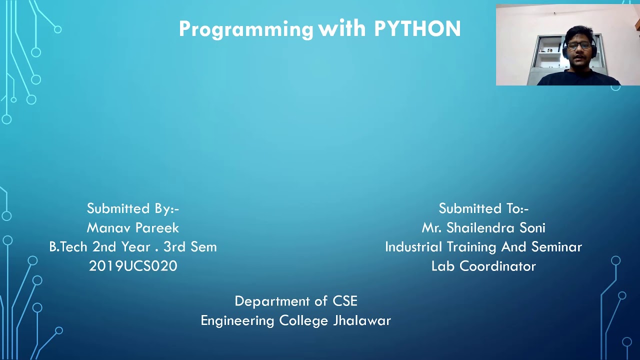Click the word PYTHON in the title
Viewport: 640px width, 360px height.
pos(417,29)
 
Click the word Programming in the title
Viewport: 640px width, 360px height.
pos(246,29)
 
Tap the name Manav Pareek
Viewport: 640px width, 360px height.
pos(132,228)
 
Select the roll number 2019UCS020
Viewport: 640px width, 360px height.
pos(133,266)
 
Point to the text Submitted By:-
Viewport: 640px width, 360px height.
pos(132,208)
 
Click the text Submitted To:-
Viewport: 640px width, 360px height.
pos(483,208)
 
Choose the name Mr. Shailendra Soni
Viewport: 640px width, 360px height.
pos(483,228)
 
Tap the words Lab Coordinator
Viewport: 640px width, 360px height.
pos(483,266)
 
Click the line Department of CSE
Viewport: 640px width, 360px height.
pos(296,301)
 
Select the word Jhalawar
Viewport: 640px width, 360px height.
pos(362,320)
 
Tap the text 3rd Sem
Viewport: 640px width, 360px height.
pos(190,247)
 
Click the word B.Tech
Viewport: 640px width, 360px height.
pos(68,247)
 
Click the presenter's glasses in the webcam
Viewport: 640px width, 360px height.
pos(579,45)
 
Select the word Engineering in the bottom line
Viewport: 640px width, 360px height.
pos(237,320)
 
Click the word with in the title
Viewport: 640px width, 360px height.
pos(342,29)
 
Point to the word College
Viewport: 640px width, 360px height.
pos(304,320)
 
